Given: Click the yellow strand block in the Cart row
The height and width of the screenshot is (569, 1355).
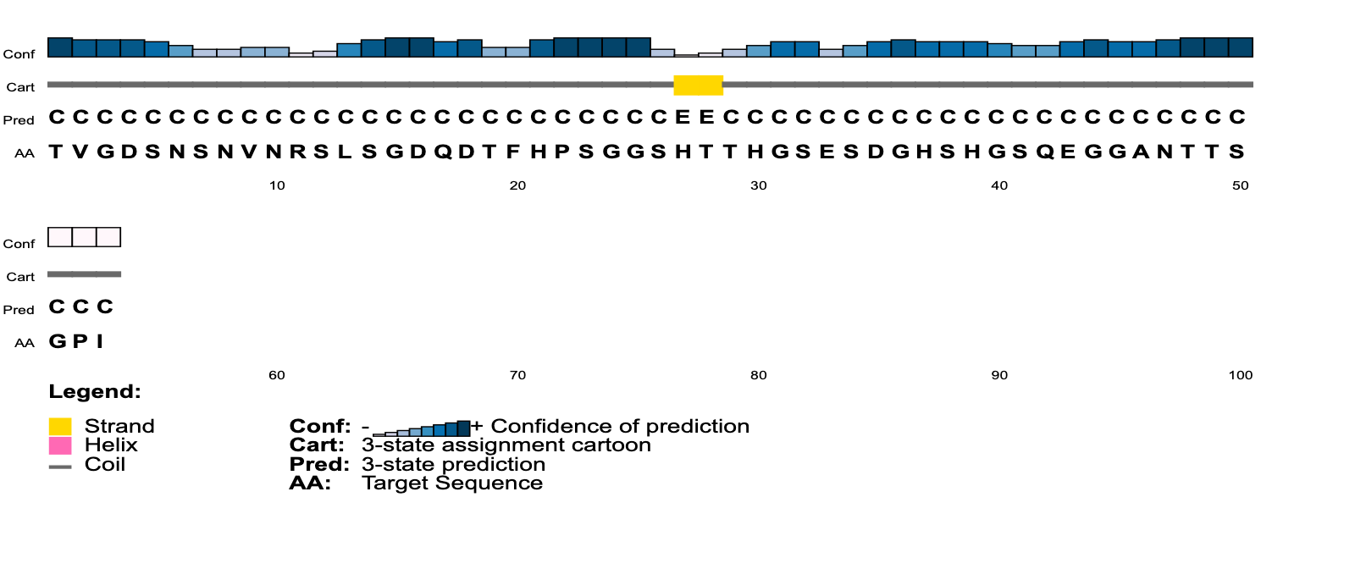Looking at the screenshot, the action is click(x=698, y=86).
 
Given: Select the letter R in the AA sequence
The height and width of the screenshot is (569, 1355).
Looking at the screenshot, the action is click(x=297, y=152).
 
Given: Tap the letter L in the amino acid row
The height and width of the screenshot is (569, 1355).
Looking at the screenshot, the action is click(x=345, y=152).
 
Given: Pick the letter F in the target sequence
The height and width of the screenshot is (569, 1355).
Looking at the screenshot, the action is click(x=513, y=152).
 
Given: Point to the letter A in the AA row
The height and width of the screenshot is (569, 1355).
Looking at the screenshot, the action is click(x=1141, y=152).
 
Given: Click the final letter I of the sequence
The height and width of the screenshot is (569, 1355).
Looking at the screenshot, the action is click(x=100, y=341).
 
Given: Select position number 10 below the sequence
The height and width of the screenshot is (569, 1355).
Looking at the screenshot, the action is click(x=277, y=185).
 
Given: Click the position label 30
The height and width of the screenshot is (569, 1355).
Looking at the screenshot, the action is click(x=759, y=185).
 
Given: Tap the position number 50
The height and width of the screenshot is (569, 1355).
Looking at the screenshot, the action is click(x=1240, y=185).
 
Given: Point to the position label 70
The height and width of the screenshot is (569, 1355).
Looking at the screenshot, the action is click(x=517, y=375).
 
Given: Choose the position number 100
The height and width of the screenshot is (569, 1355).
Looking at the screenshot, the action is click(x=1240, y=375).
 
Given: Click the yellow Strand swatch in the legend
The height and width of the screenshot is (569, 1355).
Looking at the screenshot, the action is click(x=60, y=426).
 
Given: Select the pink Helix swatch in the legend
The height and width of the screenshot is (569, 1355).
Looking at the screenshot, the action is click(x=60, y=445).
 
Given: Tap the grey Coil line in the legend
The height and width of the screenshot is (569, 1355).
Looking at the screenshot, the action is click(x=60, y=467).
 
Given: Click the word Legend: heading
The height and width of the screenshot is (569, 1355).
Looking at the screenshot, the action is click(x=95, y=392).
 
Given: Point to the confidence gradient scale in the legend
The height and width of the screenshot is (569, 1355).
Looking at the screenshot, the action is click(x=422, y=428).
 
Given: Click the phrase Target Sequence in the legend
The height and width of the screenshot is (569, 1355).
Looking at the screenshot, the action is click(x=452, y=483).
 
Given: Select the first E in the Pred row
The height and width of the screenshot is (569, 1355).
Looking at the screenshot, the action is click(x=683, y=117).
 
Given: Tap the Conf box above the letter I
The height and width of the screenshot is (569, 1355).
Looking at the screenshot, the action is click(x=108, y=237).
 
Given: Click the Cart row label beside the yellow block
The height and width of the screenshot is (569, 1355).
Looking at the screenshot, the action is click(x=20, y=87).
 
